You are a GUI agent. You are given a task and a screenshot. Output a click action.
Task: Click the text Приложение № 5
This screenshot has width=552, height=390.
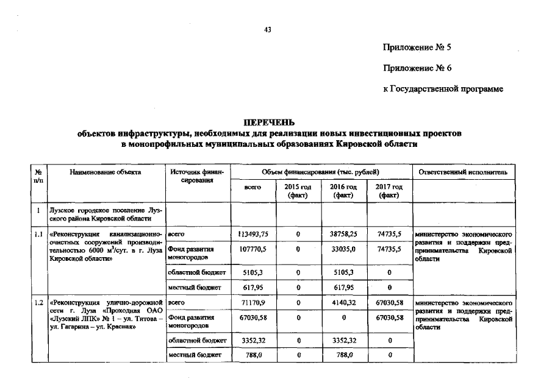point(417,47)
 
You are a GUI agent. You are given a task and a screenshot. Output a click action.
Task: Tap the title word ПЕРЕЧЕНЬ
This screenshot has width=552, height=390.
point(269,122)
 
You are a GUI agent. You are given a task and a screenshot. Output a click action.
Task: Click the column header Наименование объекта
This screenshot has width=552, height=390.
point(106,172)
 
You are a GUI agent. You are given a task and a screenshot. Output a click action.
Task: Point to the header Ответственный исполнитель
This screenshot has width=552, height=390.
point(462,172)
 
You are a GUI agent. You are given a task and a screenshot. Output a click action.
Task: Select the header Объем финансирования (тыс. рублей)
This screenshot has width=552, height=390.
point(320,172)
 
